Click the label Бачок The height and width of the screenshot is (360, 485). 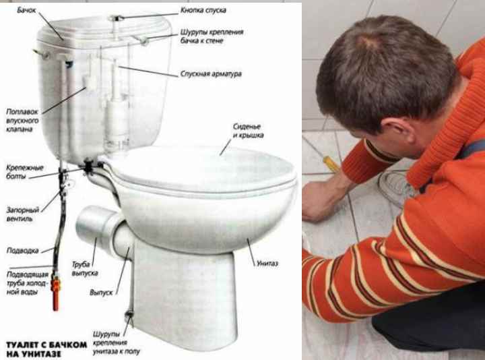pos(26,10)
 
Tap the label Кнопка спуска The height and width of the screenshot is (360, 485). pos(203,10)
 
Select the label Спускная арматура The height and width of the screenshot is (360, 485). pos(211,74)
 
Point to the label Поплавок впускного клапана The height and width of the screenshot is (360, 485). pos(22,120)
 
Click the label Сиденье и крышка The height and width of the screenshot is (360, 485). pos(249,131)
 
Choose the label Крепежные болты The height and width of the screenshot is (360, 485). pos(25,172)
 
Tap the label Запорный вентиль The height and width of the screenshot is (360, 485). pos(23,214)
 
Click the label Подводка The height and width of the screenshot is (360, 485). pos(23,250)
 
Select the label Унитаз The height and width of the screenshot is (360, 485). pos(267,264)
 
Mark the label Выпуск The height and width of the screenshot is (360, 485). pos(101,293)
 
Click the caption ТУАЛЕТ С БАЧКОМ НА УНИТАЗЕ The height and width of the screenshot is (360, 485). pos(46,349)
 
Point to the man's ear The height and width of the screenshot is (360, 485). pos(397,127)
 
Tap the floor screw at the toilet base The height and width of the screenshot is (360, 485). pos(129,315)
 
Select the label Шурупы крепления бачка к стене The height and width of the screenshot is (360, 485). pos(212,36)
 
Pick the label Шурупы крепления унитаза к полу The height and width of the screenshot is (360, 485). pos(116,343)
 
